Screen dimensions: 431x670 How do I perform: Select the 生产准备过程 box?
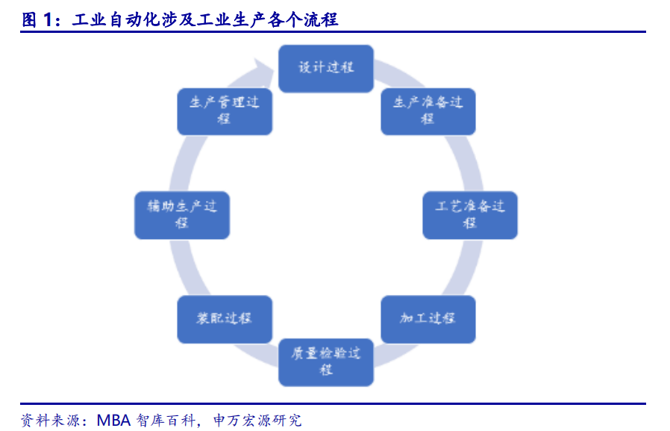[428, 111]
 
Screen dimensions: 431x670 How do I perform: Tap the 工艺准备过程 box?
[469, 215]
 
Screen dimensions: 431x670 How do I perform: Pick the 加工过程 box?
[428, 319]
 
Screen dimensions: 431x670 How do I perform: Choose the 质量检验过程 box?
[326, 362]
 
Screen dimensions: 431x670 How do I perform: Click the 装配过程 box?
[224, 319]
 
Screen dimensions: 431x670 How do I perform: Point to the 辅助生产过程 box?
[182, 215]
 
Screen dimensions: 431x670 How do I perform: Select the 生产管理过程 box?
[224, 111]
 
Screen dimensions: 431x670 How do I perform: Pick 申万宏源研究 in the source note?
[257, 419]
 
